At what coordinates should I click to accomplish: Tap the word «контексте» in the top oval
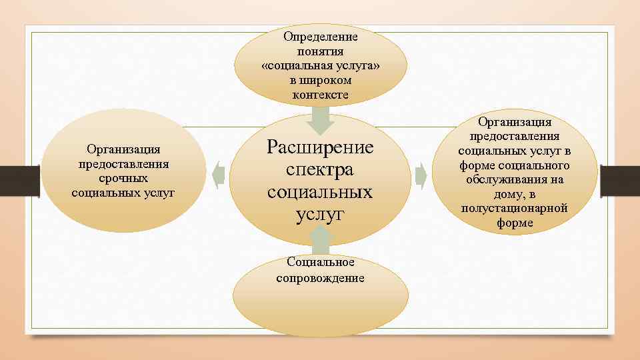[320, 95]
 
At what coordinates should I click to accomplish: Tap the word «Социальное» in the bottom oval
[320, 263]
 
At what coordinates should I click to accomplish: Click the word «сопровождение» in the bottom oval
[320, 278]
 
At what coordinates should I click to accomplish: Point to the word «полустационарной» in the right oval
[514, 209]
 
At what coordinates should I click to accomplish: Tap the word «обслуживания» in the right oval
[514, 180]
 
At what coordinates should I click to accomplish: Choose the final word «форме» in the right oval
[514, 223]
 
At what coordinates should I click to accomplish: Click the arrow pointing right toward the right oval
[421, 175]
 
